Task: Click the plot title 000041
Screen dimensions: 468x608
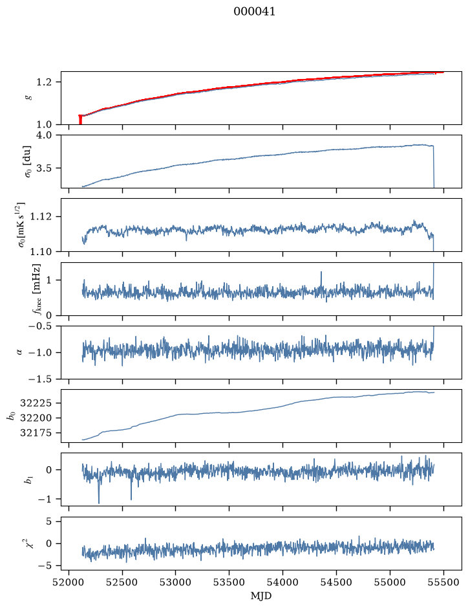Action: click(x=254, y=12)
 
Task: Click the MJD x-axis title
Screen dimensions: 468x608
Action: click(x=261, y=596)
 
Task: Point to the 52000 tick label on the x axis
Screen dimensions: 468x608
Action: click(x=69, y=582)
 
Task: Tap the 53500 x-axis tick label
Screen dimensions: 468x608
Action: click(x=229, y=582)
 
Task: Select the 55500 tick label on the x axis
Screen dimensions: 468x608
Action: click(x=443, y=582)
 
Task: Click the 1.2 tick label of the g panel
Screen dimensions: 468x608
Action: click(x=43, y=82)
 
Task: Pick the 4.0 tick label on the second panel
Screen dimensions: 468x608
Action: click(x=43, y=135)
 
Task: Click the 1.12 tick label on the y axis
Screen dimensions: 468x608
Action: click(x=41, y=216)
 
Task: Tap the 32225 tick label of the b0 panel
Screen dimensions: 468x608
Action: click(x=36, y=403)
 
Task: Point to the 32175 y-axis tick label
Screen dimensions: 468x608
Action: click(x=36, y=433)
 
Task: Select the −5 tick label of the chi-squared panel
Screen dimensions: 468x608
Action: click(x=45, y=566)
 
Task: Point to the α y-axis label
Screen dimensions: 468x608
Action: click(x=19, y=352)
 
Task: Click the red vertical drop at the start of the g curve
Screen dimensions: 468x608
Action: click(x=80, y=120)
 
